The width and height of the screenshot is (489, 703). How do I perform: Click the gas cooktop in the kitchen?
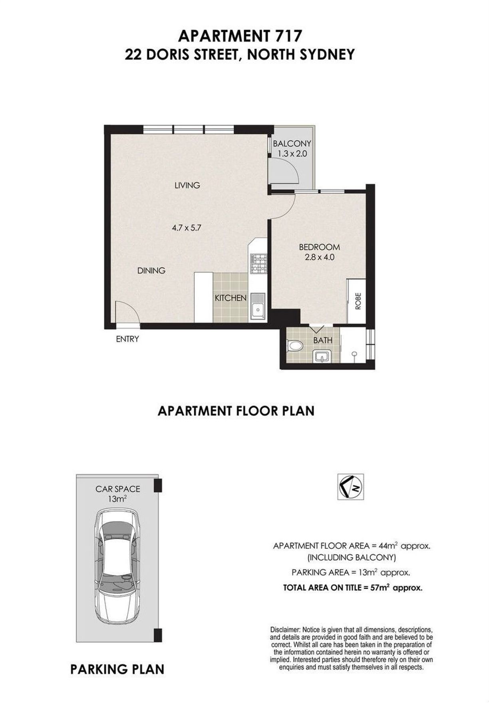(x=258, y=263)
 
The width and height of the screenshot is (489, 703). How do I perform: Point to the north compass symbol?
(x=350, y=487)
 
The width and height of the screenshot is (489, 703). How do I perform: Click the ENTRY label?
(x=127, y=339)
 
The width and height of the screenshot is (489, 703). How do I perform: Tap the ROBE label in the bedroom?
(x=358, y=301)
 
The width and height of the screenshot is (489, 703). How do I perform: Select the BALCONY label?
(x=292, y=144)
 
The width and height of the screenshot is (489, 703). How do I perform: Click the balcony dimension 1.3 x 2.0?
(x=292, y=153)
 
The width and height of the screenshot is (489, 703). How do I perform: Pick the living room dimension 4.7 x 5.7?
(x=186, y=228)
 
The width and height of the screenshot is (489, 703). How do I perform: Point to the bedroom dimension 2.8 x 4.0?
(x=319, y=257)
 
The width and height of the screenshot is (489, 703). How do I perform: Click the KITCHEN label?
(x=231, y=298)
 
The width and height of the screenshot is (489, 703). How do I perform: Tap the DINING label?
(x=151, y=271)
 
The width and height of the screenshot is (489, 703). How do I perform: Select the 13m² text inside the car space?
(x=117, y=499)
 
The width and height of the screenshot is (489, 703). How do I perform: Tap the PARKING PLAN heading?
(x=117, y=669)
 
